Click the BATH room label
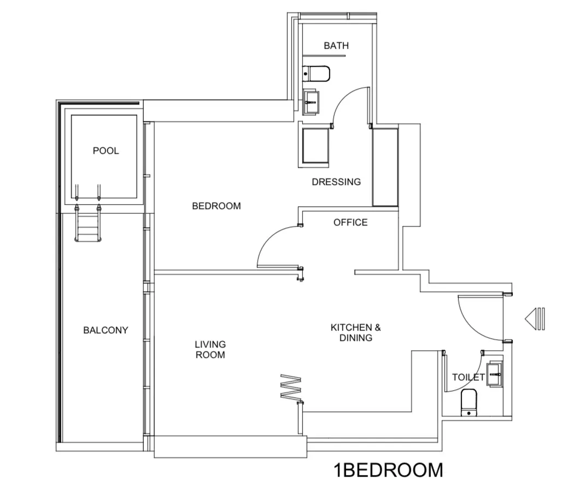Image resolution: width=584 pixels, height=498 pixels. tap(336, 45)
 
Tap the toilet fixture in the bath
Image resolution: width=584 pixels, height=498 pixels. tap(317, 73)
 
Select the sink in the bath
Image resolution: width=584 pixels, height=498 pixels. tap(312, 101)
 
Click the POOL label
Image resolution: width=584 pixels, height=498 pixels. tap(106, 150)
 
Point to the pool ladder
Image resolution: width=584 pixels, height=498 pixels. tap(87, 223)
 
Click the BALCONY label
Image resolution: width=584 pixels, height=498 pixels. tap(106, 330)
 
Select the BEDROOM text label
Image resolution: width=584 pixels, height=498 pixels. tap(216, 206)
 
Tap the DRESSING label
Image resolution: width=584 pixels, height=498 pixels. tap(336, 182)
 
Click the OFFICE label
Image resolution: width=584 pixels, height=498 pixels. tap(351, 222)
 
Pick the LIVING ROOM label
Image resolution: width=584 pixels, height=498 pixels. tap(210, 349)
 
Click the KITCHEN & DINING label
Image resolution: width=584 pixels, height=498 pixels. tap(355, 333)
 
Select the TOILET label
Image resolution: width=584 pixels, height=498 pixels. tap(468, 377)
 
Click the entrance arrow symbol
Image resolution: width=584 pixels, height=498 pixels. tap(535, 319)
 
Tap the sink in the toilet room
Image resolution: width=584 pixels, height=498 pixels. tap(494, 374)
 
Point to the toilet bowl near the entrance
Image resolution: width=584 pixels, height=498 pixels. tap(469, 403)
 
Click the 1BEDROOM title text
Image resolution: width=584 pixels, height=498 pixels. tap(388, 470)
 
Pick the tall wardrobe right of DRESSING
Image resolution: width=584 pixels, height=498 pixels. tap(385, 167)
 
